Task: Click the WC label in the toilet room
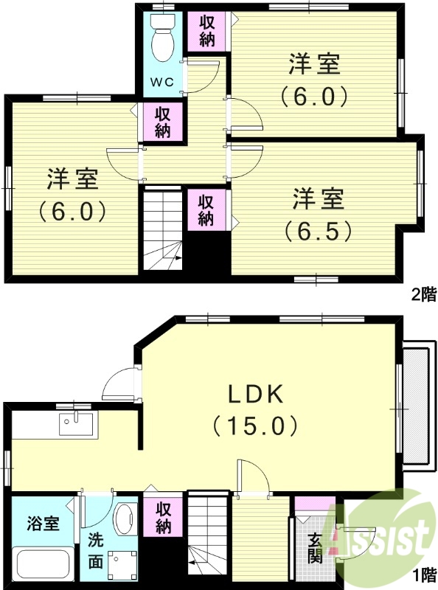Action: click(x=162, y=82)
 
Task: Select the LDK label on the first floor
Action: click(x=254, y=395)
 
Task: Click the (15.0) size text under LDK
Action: click(x=254, y=426)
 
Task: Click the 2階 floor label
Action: click(x=423, y=296)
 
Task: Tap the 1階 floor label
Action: click(x=423, y=574)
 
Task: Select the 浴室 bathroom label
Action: click(x=41, y=525)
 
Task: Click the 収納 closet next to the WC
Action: click(x=206, y=30)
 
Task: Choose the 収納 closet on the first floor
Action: click(x=163, y=517)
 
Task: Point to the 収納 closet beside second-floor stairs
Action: click(x=207, y=209)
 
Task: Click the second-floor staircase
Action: click(x=161, y=229)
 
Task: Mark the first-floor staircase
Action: click(x=209, y=534)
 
